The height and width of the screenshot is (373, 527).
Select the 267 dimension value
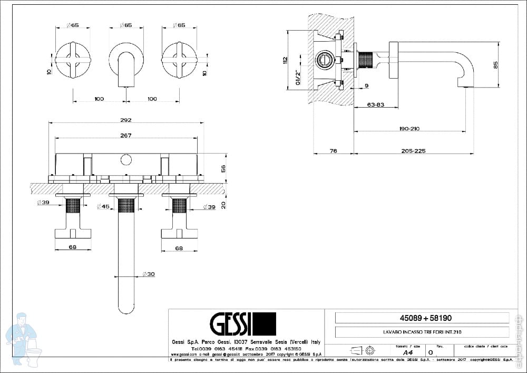(x=125, y=135)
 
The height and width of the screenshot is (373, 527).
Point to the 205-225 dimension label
(x=413, y=151)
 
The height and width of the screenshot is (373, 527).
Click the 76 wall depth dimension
(x=333, y=151)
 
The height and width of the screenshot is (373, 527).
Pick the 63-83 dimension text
(x=375, y=104)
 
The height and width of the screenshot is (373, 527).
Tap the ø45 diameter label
(x=103, y=207)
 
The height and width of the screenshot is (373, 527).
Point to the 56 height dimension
(x=223, y=168)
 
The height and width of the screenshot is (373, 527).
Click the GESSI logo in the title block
(x=243, y=323)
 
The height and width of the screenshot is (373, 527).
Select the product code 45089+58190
(x=419, y=318)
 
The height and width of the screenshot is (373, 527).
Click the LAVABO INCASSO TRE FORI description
(x=419, y=332)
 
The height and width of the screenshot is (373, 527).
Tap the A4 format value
(x=407, y=352)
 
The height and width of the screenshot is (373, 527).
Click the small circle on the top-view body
(x=126, y=159)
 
